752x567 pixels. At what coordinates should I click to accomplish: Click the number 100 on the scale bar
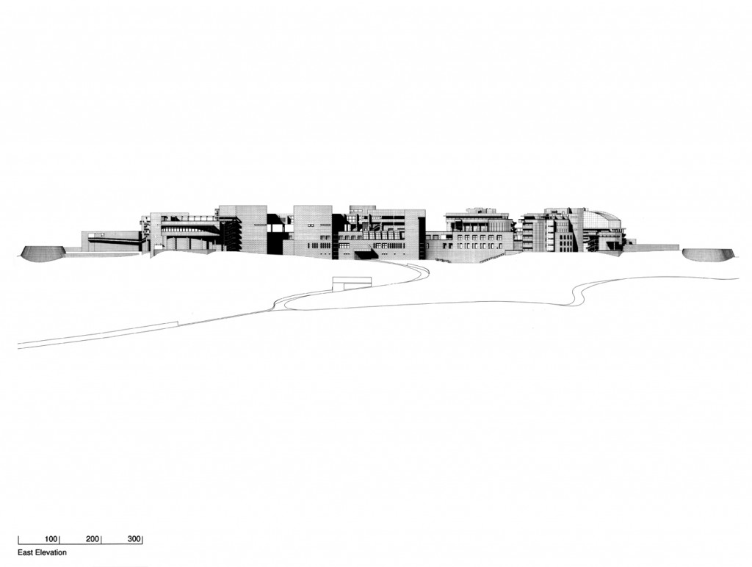point(51,538)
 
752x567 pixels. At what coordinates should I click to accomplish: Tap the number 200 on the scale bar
point(93,538)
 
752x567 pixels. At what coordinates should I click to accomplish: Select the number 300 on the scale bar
point(134,538)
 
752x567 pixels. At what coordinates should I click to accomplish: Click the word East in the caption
point(26,552)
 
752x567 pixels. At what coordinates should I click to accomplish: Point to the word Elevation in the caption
point(51,552)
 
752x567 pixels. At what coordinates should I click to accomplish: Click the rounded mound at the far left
point(42,254)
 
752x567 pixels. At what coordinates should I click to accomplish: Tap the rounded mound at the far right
point(708,255)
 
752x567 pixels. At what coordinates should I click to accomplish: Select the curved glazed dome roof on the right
point(602,220)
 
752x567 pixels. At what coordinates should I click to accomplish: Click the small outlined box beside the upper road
point(352,283)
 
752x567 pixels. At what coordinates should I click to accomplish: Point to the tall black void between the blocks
point(274,234)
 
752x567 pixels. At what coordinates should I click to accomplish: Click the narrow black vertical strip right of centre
point(422,237)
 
